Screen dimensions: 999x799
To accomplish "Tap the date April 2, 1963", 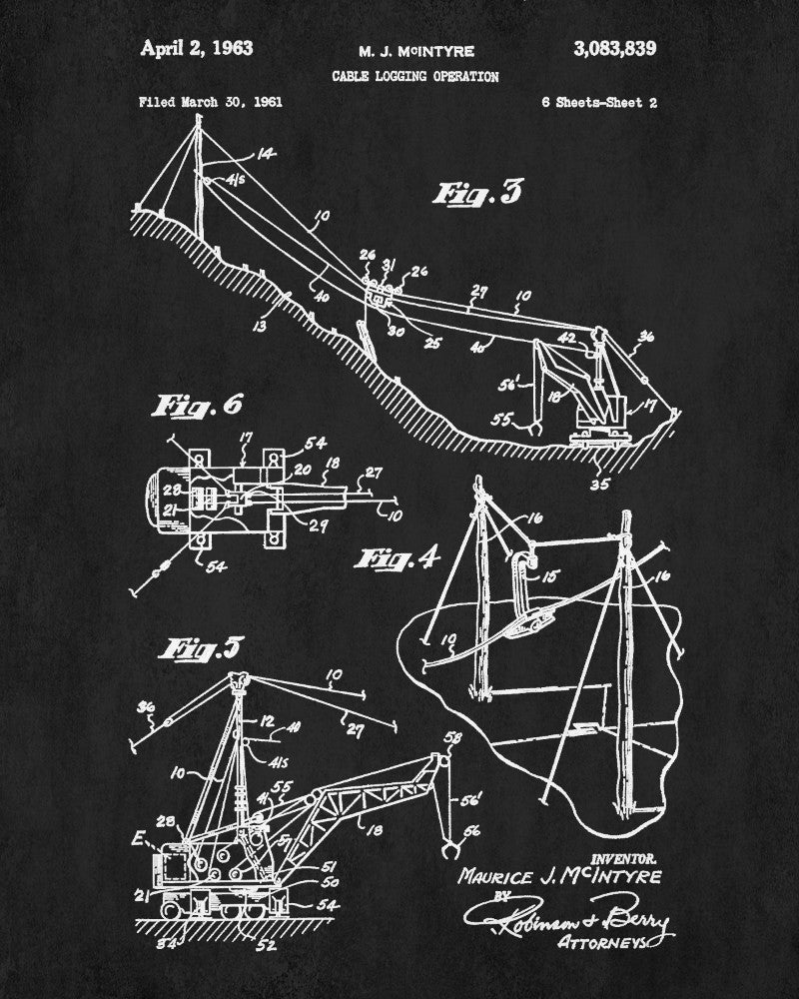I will tap(197, 48).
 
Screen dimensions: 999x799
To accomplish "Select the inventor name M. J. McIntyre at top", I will tap(416, 51).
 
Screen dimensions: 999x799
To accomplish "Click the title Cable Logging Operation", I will tap(416, 76).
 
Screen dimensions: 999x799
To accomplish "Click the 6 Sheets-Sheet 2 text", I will tap(598, 101).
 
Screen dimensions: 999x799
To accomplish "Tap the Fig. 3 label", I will tap(477, 193).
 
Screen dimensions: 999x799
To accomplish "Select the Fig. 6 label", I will tap(197, 406).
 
